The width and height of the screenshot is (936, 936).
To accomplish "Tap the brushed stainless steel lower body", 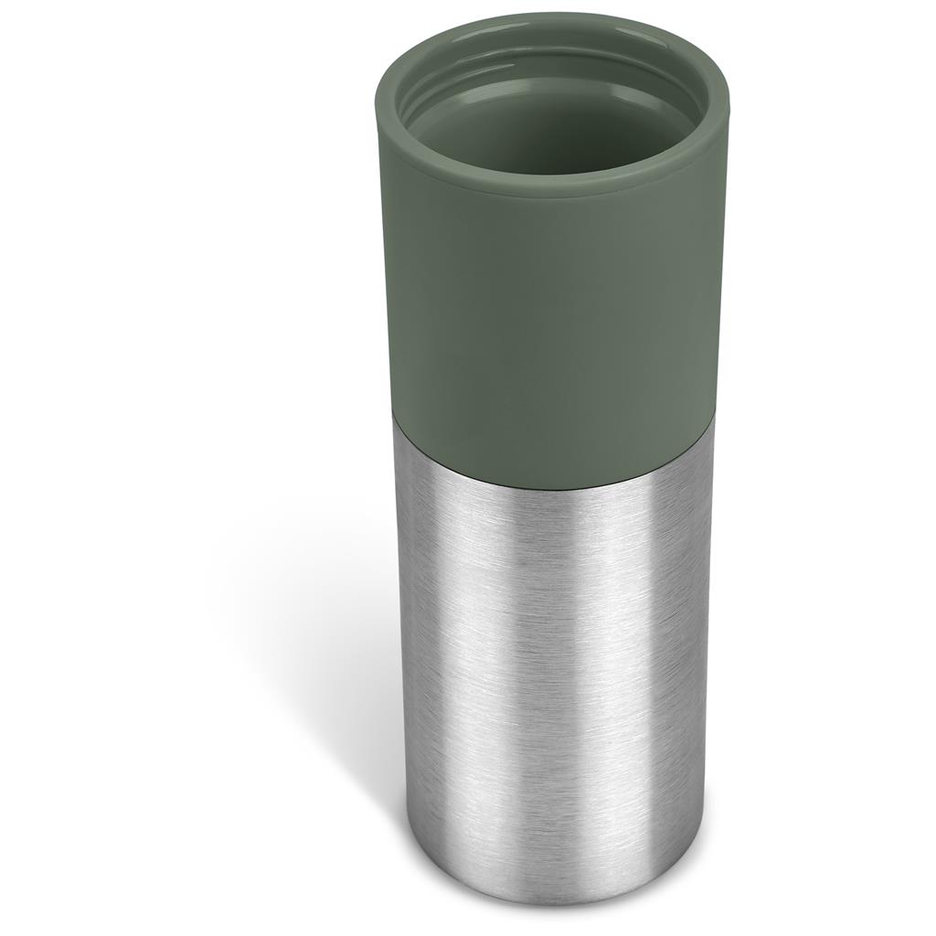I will (548, 658).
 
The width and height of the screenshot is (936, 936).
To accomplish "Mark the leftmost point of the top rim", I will (377, 96).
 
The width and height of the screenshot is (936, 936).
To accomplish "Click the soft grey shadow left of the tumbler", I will (302, 640).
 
